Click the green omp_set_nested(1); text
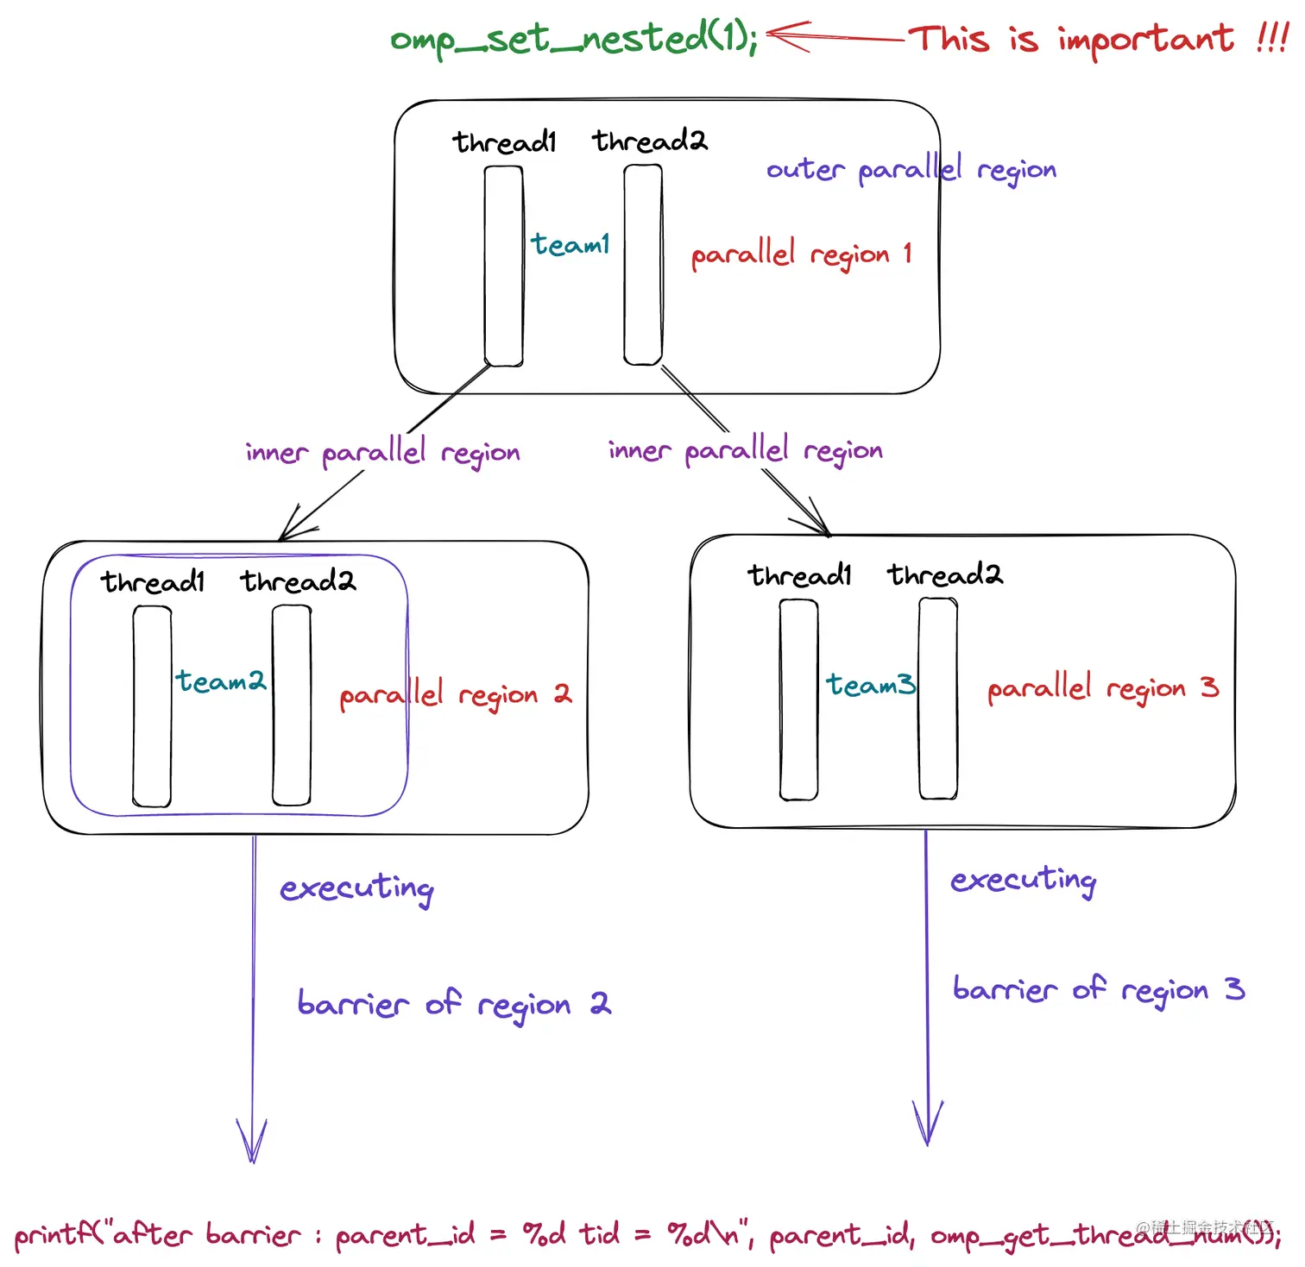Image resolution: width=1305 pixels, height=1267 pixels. point(574,39)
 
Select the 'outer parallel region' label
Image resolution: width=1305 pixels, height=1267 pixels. point(911,169)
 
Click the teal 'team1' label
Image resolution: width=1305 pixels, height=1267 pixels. point(570,245)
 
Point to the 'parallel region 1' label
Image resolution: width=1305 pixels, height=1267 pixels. point(801,254)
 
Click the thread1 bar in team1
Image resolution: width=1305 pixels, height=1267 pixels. point(503,266)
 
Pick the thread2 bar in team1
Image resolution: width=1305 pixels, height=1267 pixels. point(643,265)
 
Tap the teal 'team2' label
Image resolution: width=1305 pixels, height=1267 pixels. point(221,681)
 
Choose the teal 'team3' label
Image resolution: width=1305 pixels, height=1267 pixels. point(870,685)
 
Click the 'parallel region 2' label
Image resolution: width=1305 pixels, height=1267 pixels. point(455,694)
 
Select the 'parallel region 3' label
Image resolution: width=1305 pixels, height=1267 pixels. point(1102,688)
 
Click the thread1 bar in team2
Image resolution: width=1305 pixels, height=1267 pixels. point(152,706)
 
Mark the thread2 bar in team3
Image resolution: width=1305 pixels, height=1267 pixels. point(938,699)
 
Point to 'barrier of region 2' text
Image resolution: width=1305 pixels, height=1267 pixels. point(454,1004)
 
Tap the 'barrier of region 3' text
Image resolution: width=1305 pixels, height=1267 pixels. point(1098,989)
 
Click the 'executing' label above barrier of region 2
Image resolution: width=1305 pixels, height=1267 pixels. point(356,888)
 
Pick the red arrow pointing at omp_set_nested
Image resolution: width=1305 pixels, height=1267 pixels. point(833,36)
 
